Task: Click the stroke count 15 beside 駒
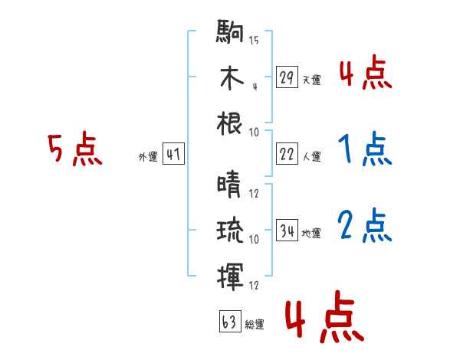pos(254,41)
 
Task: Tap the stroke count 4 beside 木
pos(254,86)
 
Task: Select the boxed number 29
pos(287,77)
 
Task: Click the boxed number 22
pos(287,154)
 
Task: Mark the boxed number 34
pos(287,230)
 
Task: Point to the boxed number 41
pos(173,154)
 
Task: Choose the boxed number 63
pos(228,321)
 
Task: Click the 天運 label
pos(311,80)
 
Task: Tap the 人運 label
pos(311,156)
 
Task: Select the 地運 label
pos(311,233)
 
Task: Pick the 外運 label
pos(147,156)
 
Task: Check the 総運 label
pos(254,324)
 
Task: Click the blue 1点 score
pos(365,149)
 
